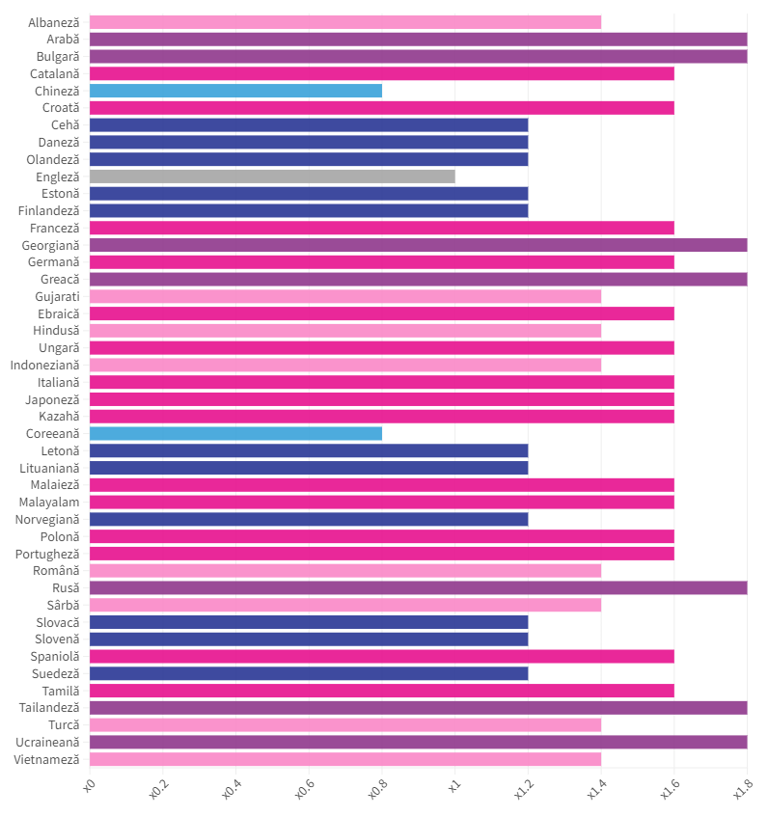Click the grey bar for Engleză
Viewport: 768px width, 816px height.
coord(272,177)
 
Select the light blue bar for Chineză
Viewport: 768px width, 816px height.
coord(235,91)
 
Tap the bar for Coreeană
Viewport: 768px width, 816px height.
coord(235,433)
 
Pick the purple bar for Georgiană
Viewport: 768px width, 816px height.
coord(418,245)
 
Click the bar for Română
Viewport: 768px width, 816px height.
coord(344,570)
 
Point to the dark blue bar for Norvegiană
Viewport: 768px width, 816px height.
coord(309,519)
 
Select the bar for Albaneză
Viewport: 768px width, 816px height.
coord(344,22)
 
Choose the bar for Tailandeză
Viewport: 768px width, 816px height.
coord(418,707)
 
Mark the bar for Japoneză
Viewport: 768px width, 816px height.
coord(381,399)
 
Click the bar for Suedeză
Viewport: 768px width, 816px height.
coord(309,673)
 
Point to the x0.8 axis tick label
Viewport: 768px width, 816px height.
coord(377,791)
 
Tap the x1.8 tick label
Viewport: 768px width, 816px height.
coord(743,791)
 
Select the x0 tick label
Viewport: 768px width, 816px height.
coord(88,787)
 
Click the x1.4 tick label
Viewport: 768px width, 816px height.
coord(596,791)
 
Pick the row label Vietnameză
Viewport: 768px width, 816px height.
coord(46,759)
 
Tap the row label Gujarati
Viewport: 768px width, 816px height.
coord(57,296)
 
